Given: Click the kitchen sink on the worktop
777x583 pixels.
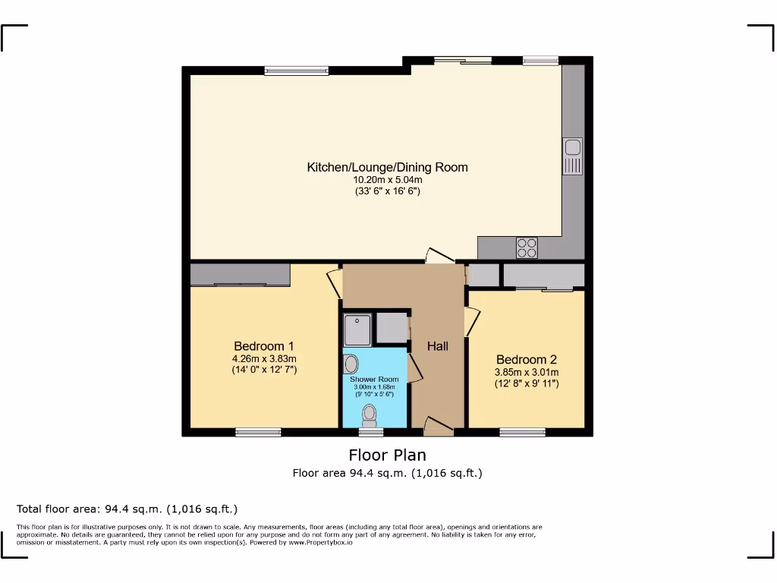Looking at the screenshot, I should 572,156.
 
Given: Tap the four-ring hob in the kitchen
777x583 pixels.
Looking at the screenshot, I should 527,247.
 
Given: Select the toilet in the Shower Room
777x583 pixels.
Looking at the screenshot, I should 370,414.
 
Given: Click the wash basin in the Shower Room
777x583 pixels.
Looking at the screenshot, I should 351,364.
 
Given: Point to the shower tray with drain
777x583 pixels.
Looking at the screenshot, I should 357,329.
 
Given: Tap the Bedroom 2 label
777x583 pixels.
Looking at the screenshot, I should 526,359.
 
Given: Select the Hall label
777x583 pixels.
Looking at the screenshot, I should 437,346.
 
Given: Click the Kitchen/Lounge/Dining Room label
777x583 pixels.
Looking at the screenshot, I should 387,167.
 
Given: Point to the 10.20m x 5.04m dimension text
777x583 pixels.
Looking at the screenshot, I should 387,180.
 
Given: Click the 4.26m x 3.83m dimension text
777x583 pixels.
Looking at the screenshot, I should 263,358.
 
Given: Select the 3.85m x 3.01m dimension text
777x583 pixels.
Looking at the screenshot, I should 526,372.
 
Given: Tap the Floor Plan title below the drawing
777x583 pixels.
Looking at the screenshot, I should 387,455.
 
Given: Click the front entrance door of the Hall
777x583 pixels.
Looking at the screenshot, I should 439,427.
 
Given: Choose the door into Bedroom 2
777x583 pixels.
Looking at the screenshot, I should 471,322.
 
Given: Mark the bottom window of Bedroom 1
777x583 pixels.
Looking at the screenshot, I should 258,432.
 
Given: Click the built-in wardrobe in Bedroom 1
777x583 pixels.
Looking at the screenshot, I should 240,274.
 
